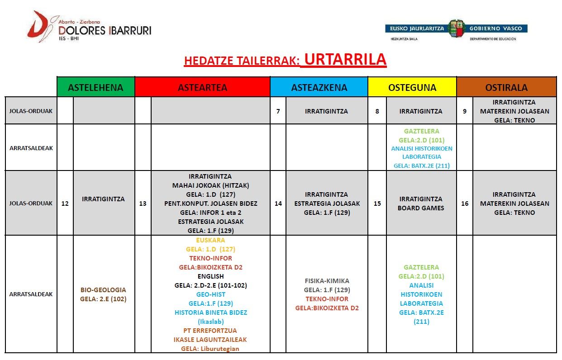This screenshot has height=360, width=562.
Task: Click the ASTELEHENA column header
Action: (95, 87)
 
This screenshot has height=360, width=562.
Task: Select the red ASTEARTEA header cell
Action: (202, 87)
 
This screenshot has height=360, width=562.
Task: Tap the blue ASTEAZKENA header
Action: (319, 87)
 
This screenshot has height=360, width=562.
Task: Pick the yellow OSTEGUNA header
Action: (412, 87)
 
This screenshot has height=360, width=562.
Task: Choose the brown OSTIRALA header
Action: (506, 87)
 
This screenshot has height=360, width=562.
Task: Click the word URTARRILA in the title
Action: (345, 60)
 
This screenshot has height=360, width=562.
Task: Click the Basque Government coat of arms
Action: (456, 28)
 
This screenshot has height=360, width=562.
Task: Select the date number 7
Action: (278, 111)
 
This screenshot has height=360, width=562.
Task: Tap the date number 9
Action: (465, 111)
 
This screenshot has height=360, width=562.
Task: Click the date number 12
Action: (65, 204)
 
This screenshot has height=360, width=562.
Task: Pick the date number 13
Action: (143, 204)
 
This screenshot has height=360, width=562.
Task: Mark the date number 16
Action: (465, 204)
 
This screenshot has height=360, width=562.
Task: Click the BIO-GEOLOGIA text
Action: (103, 289)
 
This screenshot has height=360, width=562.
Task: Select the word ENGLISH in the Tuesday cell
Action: (210, 276)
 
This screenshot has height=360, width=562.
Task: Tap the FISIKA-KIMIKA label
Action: (327, 281)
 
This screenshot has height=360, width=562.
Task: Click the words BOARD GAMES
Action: (421, 208)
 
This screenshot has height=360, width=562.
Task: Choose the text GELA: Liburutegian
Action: (210, 349)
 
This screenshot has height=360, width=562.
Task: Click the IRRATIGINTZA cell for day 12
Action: (104, 199)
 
